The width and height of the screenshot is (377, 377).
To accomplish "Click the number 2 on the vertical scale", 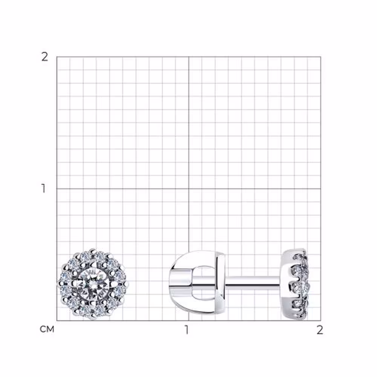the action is [x=45, y=57].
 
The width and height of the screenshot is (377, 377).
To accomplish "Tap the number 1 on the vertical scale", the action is [x=43, y=188].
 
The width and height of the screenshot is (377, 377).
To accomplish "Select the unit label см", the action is [x=47, y=329].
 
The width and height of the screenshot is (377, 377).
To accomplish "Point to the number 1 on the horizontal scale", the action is [x=187, y=330].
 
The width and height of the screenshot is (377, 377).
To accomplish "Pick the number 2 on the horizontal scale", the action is [x=320, y=330].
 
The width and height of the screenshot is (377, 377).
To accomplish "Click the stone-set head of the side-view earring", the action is [x=295, y=284].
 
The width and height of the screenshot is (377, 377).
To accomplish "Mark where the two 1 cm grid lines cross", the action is [x=189, y=189].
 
